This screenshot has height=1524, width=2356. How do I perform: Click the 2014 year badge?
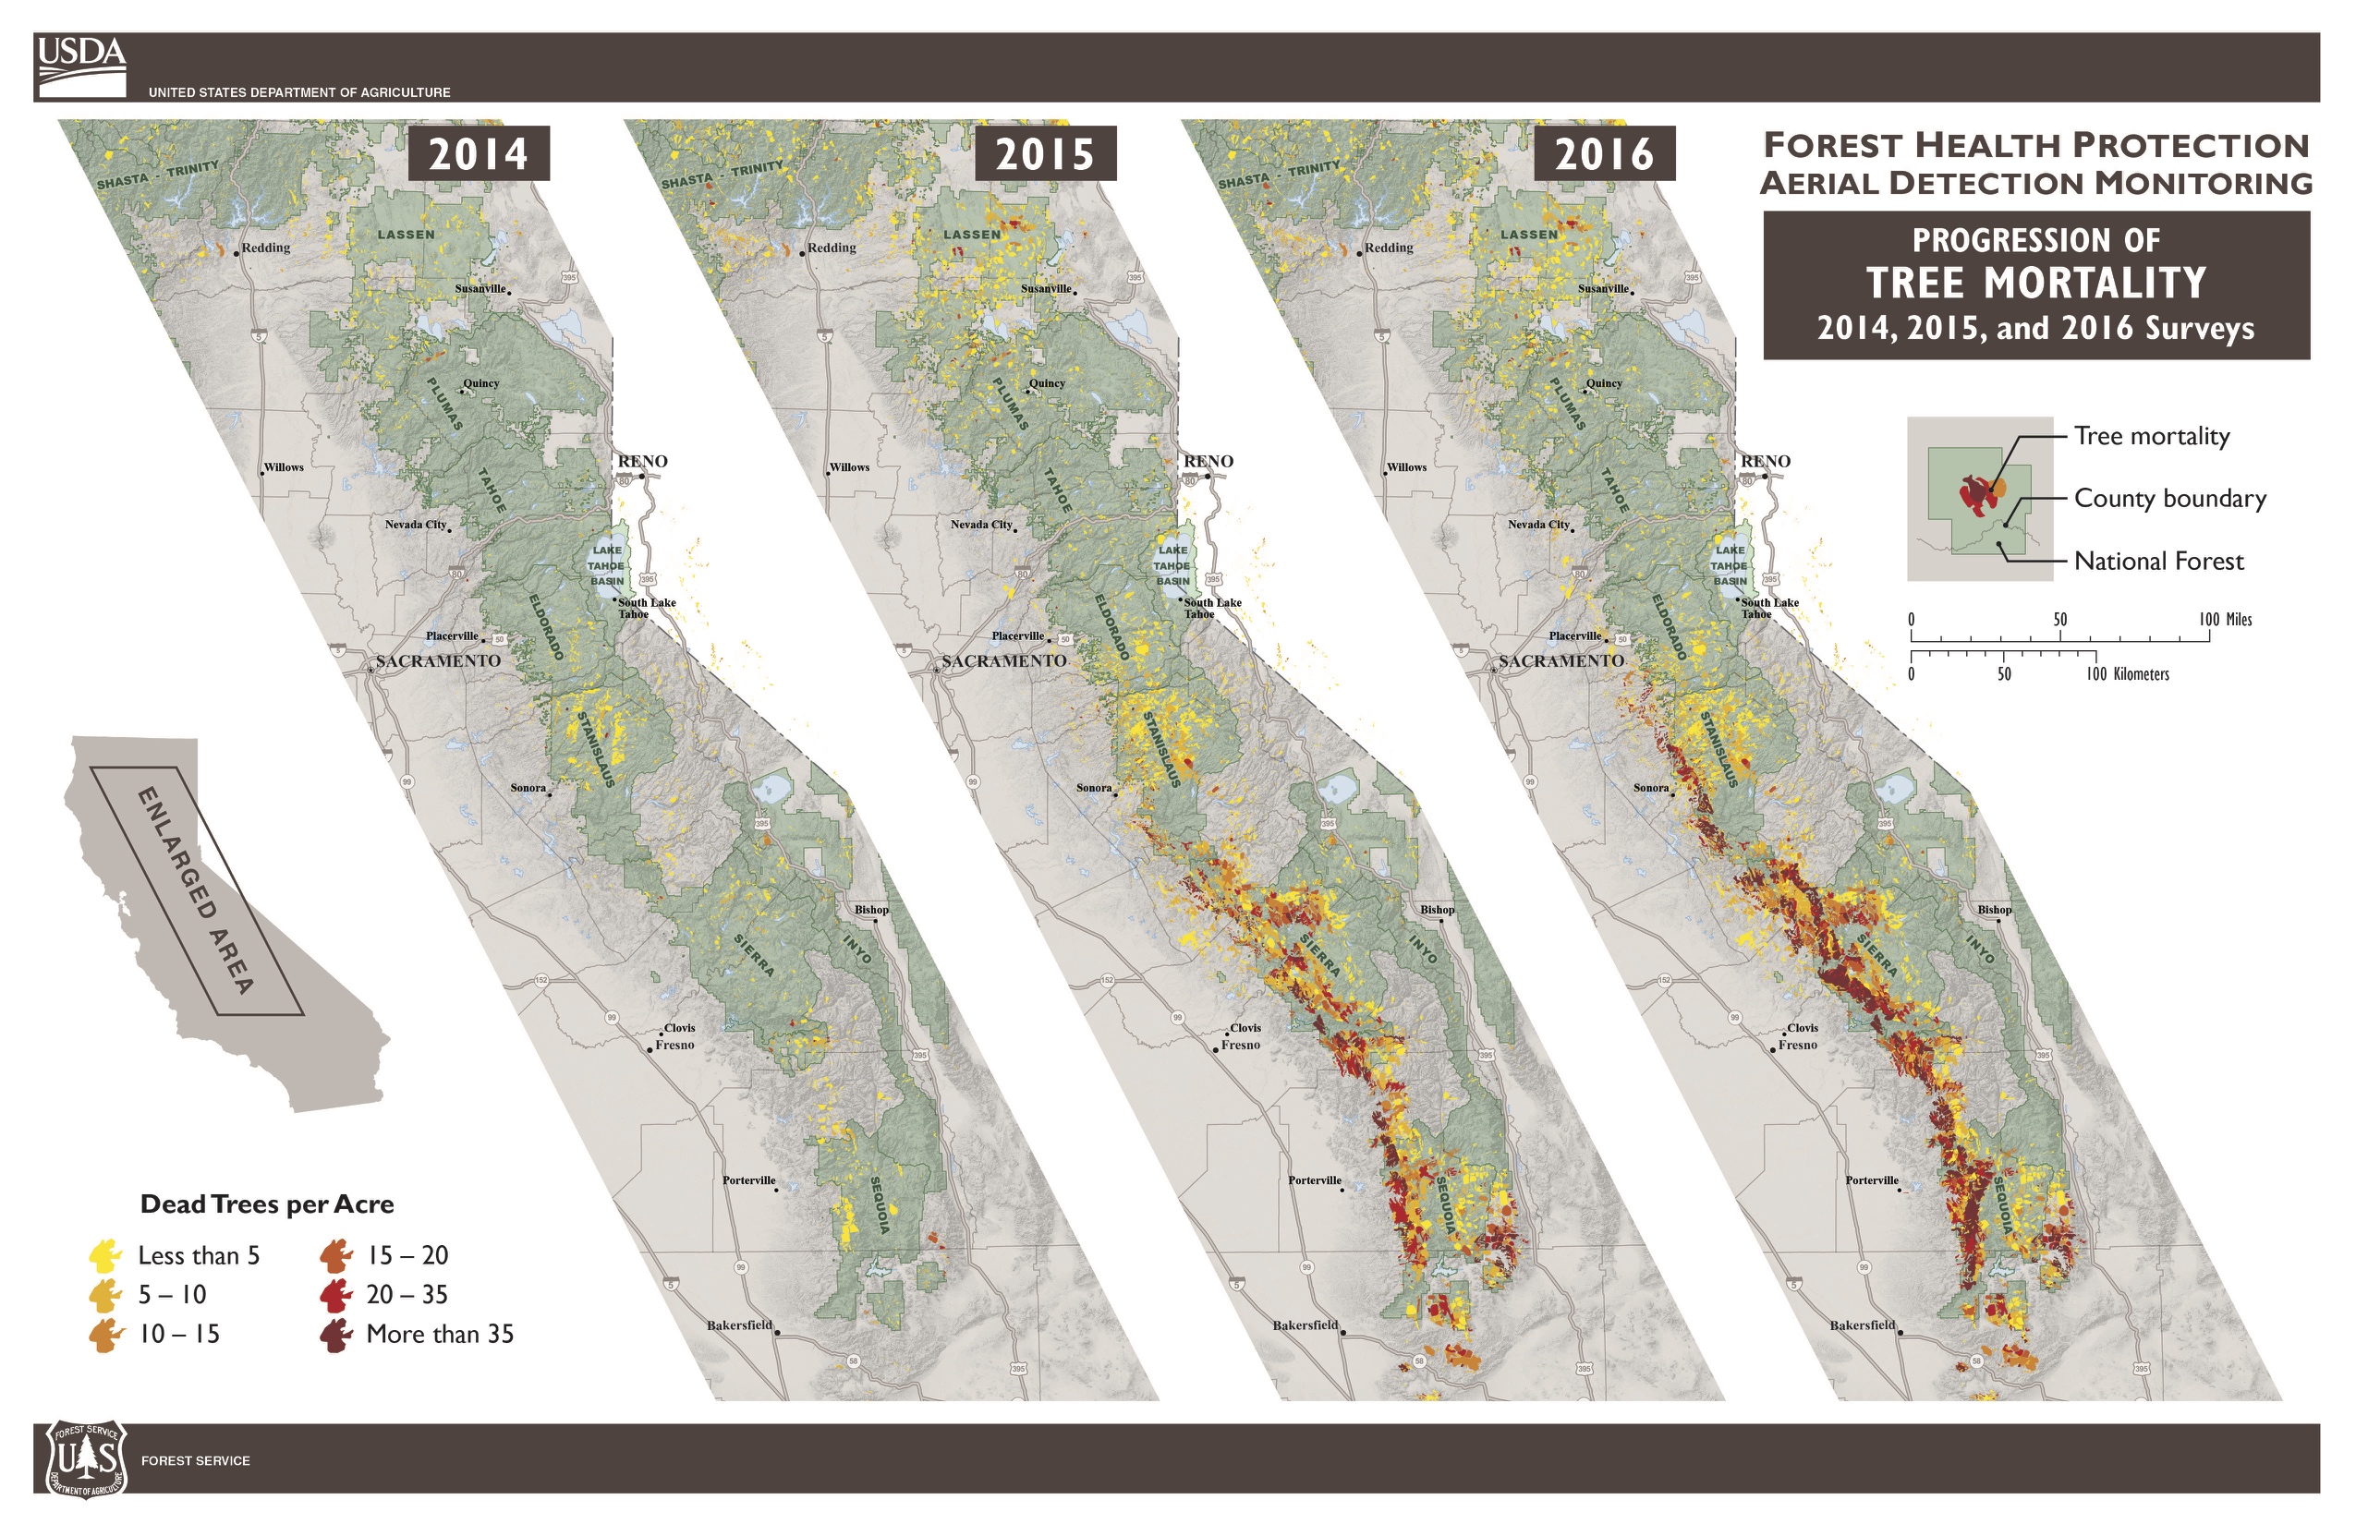pos(479,153)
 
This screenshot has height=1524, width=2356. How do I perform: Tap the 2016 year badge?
pos(1604,153)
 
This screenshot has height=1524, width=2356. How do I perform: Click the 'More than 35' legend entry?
pos(440,1334)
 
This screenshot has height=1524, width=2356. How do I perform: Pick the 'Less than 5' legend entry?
pos(198,1256)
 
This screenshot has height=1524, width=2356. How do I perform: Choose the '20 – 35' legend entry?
pos(407,1294)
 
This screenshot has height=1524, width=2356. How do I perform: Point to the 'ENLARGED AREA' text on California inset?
pos(195,889)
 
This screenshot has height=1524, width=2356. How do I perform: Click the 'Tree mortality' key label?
pos(2151,436)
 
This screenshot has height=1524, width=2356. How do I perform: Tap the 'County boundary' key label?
pos(2169,499)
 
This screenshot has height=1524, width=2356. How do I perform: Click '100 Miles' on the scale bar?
pos(2225,620)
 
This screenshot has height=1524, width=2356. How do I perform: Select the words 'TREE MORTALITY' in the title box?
pos(2036,283)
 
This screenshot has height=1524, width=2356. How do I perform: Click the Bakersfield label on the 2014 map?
pos(738,1325)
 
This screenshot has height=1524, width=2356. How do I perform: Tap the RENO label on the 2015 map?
pos(1208,461)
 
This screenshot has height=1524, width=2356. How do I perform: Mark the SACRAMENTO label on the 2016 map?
pos(1561,661)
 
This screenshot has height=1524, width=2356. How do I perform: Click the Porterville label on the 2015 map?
pos(1315,1180)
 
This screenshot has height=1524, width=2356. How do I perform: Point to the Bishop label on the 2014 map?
pos(871,910)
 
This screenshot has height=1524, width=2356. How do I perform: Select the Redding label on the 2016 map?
pos(1388,248)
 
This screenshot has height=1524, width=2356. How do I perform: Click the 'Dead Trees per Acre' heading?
pos(267,1204)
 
